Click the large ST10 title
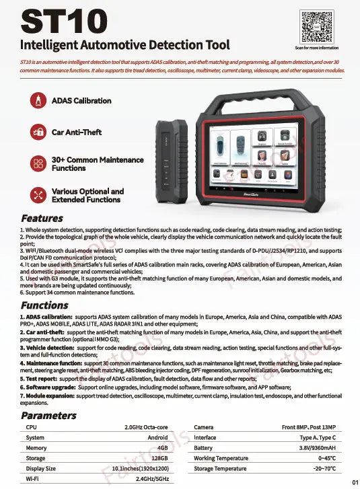click(65, 20)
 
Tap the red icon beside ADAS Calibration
click(38, 101)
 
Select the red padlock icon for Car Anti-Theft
click(38, 132)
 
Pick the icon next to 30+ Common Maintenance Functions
click(38, 163)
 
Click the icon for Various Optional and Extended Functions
click(38, 195)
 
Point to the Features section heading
click(42, 218)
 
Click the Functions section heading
click(44, 305)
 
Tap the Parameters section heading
click(48, 415)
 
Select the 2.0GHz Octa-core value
click(146, 427)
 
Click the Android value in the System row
click(157, 437)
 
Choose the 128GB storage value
click(159, 458)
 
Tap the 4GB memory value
click(162, 448)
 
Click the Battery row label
click(203, 448)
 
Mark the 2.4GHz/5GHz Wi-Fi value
click(151, 479)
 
